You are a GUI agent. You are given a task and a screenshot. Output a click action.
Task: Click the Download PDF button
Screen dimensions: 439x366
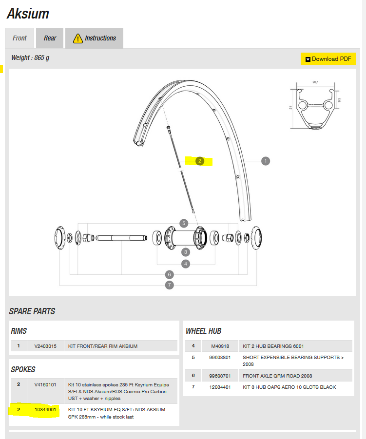pyautogui.click(x=328, y=59)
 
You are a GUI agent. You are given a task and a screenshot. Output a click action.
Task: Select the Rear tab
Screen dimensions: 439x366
pyautogui.click(x=50, y=38)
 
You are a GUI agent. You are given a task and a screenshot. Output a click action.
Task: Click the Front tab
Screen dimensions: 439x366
pyautogui.click(x=20, y=38)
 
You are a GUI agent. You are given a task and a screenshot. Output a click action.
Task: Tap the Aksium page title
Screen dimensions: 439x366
pyautogui.click(x=28, y=14)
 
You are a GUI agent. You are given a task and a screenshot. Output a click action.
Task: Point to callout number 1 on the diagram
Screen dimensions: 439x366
pyautogui.click(x=266, y=161)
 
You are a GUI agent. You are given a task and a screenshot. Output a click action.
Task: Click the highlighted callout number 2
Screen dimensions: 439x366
pyautogui.click(x=199, y=161)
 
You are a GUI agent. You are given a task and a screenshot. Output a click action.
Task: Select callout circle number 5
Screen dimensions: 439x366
pyautogui.click(x=184, y=223)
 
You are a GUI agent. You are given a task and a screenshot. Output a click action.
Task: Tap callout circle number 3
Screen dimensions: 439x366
pyautogui.click(x=186, y=252)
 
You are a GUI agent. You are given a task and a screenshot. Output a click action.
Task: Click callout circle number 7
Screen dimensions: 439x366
pyautogui.click(x=169, y=285)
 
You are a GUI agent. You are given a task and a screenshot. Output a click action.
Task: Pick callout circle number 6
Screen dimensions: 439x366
pyautogui.click(x=169, y=274)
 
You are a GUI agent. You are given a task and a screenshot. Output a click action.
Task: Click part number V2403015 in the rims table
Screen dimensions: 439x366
pyautogui.click(x=45, y=346)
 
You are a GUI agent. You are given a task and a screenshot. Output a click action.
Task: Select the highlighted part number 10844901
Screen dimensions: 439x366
pyautogui.click(x=45, y=410)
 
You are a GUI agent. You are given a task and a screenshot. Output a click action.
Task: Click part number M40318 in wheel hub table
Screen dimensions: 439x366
pyautogui.click(x=219, y=346)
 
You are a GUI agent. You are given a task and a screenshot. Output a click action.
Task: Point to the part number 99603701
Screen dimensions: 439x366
pyautogui.click(x=219, y=376)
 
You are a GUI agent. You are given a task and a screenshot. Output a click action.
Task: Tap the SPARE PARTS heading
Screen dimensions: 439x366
pyautogui.click(x=32, y=311)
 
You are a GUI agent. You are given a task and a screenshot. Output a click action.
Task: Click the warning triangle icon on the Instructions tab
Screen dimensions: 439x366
pyautogui.click(x=77, y=38)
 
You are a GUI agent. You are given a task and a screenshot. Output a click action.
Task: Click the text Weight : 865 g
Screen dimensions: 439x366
pyautogui.click(x=30, y=58)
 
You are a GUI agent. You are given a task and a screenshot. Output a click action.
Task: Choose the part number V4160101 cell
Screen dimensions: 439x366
pyautogui.click(x=45, y=385)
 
